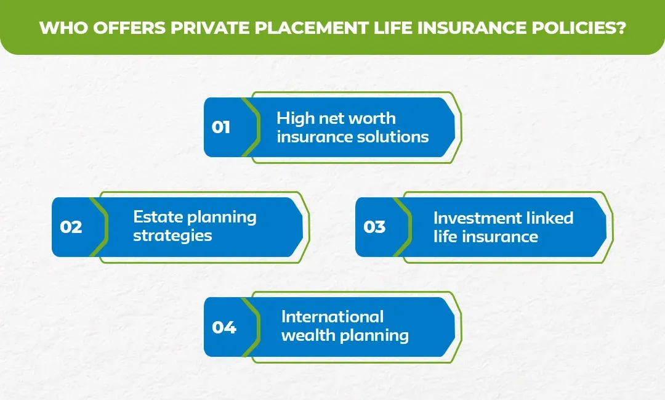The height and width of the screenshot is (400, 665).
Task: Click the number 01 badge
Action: click(221, 128)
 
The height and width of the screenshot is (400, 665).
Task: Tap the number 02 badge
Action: click(71, 227)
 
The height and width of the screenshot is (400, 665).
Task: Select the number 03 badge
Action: click(374, 227)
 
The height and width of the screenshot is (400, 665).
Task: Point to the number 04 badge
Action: click(224, 327)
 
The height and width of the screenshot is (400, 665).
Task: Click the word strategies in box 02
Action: click(172, 236)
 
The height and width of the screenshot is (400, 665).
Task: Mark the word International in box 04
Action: click(332, 317)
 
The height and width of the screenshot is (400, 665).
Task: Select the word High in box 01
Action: click(293, 118)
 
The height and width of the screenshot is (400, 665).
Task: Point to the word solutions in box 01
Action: click(394, 137)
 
